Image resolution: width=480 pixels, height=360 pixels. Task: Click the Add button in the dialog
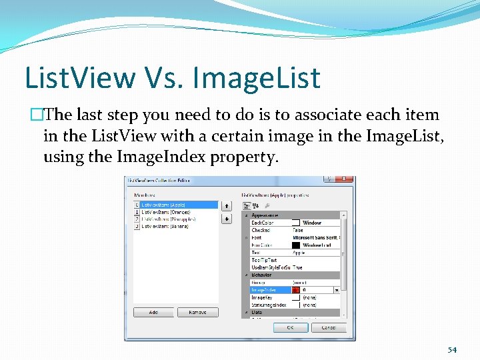pos(153,312)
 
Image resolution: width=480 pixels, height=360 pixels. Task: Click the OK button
pos(290,327)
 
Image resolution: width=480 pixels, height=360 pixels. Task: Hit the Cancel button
pos(329,327)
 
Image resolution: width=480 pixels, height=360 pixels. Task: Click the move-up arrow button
pos(226,207)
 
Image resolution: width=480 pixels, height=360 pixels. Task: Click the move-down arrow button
pos(226,219)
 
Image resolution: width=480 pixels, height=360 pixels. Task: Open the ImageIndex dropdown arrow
pos(336,290)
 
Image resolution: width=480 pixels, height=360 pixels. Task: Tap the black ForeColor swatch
pos(297,245)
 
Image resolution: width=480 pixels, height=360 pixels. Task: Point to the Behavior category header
pos(261,275)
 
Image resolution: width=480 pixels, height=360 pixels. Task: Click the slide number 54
pos(452,350)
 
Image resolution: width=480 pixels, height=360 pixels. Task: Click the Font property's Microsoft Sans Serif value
pos(316,238)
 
